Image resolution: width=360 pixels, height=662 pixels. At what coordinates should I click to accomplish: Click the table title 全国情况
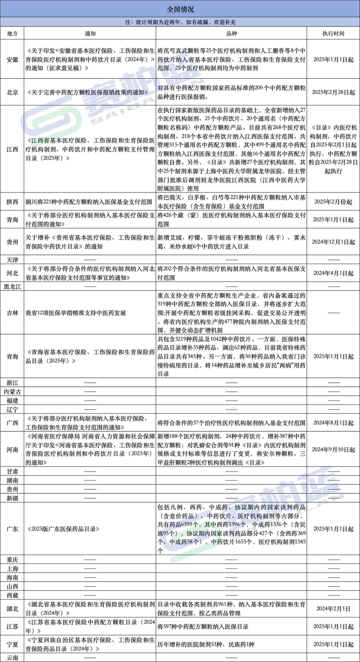[x=180, y=9]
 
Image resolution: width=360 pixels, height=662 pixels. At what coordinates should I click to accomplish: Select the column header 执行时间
[x=333, y=33]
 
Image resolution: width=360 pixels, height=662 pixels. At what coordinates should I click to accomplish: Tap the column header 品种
[x=231, y=33]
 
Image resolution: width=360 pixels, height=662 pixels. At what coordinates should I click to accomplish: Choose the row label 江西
[x=13, y=149]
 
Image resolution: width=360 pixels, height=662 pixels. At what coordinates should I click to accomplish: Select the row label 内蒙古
[x=13, y=391]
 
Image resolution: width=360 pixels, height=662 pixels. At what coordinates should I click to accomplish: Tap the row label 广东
[x=13, y=529]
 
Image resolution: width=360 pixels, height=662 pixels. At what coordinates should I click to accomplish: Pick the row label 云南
[x=13, y=658]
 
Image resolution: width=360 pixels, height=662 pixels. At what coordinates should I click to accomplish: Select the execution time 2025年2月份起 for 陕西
[x=333, y=202]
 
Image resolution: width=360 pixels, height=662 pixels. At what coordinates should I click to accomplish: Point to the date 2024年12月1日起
[x=333, y=242]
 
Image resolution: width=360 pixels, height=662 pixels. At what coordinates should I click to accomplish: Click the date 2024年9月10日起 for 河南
[x=333, y=449]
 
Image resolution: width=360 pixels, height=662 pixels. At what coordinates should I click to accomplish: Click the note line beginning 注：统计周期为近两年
[x=180, y=22]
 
